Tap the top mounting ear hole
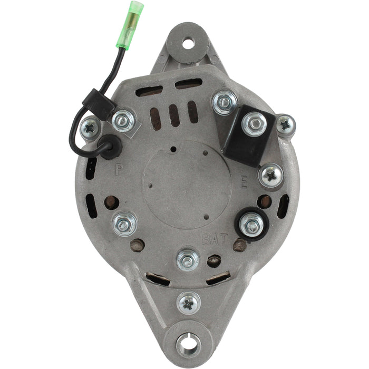coord(188,42)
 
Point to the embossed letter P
coord(119,170)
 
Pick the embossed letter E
coord(243,183)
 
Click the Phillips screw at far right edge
coord(286,125)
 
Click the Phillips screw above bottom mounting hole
coord(188,304)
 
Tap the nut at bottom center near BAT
coord(188,260)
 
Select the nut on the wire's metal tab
coord(124,121)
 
